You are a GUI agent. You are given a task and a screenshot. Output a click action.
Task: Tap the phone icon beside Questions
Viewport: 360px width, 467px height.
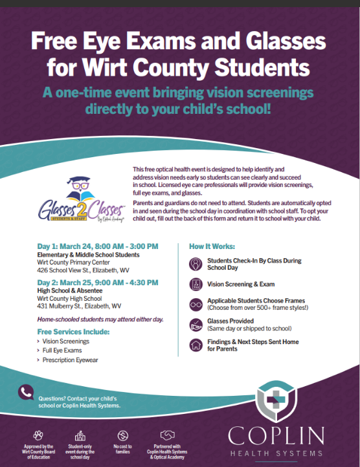[26, 393]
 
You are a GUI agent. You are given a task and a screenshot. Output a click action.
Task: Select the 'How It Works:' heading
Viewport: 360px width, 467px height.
[212, 247]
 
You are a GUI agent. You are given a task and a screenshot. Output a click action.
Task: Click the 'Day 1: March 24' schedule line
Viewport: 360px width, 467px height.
[97, 246]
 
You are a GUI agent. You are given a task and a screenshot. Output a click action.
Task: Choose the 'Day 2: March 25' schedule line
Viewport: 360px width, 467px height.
[97, 282]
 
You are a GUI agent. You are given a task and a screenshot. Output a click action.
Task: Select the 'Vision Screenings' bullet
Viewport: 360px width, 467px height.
[65, 341]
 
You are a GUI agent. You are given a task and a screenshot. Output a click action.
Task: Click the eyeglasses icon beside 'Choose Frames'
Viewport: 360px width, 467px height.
[195, 304]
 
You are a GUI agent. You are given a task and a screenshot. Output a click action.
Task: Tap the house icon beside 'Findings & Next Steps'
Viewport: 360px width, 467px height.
[195, 345]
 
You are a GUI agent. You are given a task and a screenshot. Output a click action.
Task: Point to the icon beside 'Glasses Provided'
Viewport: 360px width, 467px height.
[195, 325]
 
